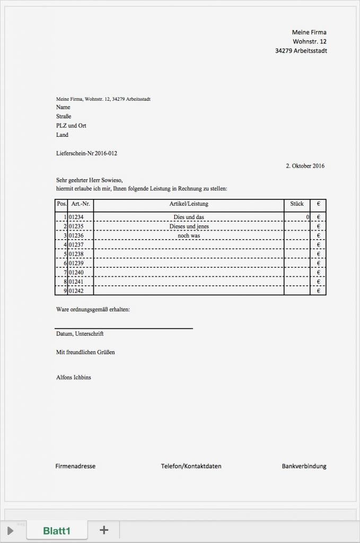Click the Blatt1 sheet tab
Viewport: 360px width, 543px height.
point(57,530)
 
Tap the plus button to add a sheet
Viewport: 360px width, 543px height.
point(104,529)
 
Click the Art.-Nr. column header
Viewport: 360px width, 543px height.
point(81,204)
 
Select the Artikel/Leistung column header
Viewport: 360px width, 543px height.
point(189,204)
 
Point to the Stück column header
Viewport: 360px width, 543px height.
point(297,204)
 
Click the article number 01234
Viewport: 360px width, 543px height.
point(77,217)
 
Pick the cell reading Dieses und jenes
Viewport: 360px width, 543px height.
point(189,226)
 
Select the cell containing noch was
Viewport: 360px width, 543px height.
point(189,235)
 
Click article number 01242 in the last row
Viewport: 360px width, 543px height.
point(77,291)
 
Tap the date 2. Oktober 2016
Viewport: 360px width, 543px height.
point(305,166)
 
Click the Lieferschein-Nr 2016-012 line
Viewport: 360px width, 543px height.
point(86,153)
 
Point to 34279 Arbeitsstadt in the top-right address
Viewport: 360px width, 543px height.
point(301,51)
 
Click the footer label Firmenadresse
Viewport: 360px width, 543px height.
point(75,466)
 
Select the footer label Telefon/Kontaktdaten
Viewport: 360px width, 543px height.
point(191,466)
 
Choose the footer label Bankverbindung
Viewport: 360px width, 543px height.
point(304,466)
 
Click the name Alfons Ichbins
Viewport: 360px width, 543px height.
point(73,378)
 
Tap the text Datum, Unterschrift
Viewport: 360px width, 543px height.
point(80,334)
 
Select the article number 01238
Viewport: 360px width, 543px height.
point(77,254)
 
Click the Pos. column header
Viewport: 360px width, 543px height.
point(62,204)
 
